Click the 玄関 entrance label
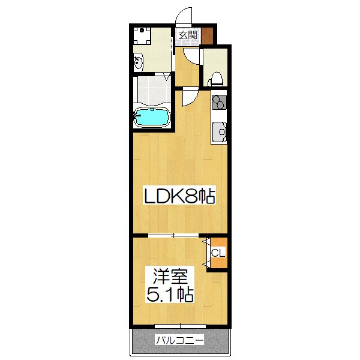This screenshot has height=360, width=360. [188, 35]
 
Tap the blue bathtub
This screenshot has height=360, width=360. [153, 117]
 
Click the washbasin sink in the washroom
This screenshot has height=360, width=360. [139, 61]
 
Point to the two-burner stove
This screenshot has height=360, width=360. [219, 103]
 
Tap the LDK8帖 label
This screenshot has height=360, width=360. [178, 196]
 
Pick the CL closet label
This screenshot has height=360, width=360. [218, 253]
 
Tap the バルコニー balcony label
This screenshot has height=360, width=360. [179, 340]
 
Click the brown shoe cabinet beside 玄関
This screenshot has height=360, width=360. [207, 35]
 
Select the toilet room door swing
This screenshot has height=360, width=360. [194, 58]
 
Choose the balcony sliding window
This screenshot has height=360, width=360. [179, 328]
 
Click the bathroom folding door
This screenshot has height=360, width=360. [167, 76]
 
